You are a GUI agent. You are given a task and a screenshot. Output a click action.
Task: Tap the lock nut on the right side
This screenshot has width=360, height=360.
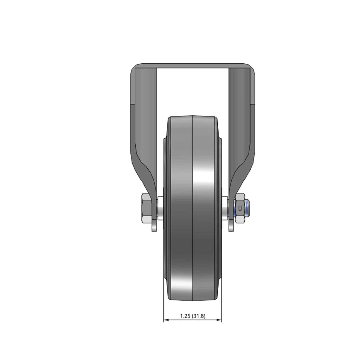coord(239,208)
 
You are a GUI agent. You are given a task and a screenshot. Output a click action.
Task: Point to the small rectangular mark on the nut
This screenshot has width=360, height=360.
coord(240,208)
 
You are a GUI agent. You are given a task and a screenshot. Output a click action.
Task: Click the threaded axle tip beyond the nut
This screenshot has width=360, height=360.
coord(247,208)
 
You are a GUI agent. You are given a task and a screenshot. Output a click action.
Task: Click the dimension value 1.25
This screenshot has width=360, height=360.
coord(185,316)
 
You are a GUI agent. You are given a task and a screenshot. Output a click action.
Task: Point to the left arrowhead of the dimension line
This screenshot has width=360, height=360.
coord(166,320)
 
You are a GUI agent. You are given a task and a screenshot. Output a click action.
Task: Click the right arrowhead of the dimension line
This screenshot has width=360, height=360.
coord(219,320)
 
